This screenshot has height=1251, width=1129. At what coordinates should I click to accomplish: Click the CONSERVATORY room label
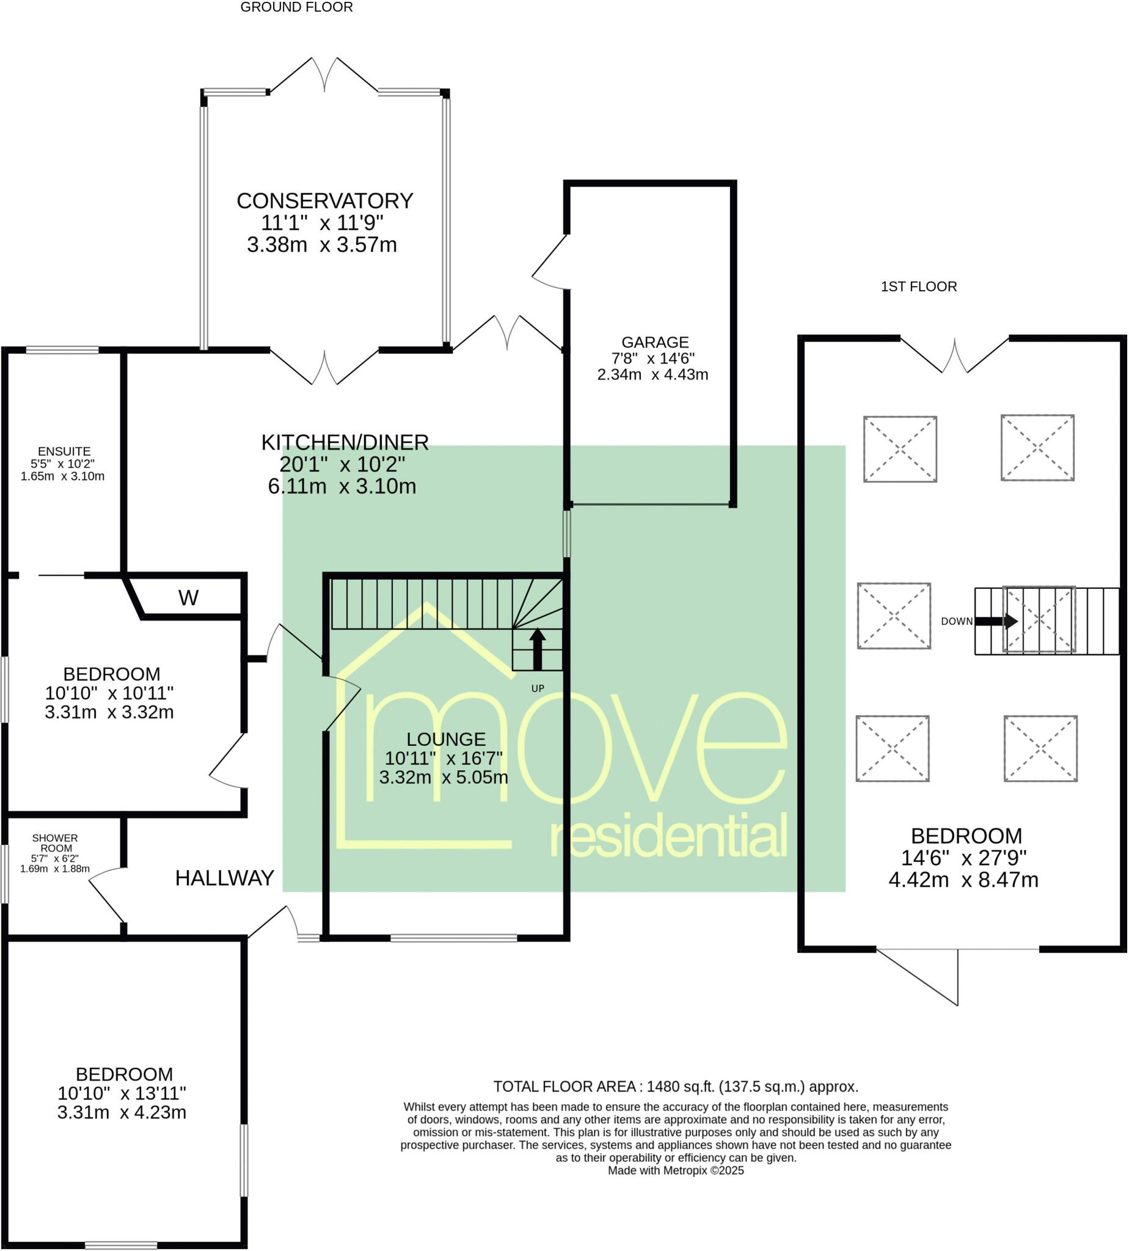click(x=324, y=201)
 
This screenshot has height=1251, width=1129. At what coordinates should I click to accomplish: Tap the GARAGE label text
click(x=654, y=342)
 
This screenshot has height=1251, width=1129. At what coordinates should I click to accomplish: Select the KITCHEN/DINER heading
click(x=345, y=442)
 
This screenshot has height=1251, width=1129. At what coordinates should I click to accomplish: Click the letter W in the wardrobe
click(x=188, y=598)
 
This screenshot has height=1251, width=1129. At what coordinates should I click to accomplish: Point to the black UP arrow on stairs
click(x=537, y=648)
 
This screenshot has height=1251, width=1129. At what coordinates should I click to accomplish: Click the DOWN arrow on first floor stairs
click(x=996, y=621)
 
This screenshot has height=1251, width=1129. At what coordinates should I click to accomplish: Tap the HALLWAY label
click(x=225, y=878)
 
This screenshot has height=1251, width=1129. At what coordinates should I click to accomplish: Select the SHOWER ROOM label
click(x=55, y=843)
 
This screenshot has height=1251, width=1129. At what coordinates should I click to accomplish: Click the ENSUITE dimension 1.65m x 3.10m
click(x=62, y=476)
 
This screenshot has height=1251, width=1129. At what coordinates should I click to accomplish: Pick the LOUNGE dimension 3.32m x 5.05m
click(x=444, y=777)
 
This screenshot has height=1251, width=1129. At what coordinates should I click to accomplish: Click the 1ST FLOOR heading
click(x=918, y=286)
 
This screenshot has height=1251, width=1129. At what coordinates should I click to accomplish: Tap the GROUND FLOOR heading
click(x=296, y=7)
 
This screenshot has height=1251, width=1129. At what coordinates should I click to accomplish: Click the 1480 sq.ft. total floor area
click(x=681, y=1087)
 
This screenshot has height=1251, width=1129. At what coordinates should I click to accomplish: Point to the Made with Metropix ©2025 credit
click(x=676, y=1171)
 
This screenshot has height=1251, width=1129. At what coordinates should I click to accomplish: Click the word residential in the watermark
click(x=669, y=837)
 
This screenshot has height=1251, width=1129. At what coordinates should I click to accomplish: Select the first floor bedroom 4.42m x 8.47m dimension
click(x=963, y=880)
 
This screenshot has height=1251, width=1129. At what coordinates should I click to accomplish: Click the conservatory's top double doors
click(x=324, y=76)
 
